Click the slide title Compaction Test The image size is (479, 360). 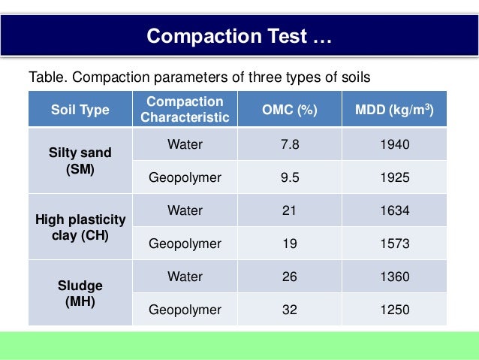[x=239, y=36]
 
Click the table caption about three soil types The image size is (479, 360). [x=200, y=77]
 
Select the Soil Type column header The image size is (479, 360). [x=80, y=110]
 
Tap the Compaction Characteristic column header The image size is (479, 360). [x=185, y=110]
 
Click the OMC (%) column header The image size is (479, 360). [x=289, y=110]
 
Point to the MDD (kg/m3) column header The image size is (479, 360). [x=394, y=110]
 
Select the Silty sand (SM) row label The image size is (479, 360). [x=80, y=161]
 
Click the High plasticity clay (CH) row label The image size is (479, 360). [x=80, y=227]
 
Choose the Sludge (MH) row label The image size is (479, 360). [x=80, y=294]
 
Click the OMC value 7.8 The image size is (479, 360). [x=289, y=144]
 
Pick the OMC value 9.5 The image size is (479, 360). [x=289, y=177]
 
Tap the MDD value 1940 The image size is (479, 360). [x=394, y=144]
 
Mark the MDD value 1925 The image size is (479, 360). [x=394, y=177]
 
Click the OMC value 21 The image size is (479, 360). [x=289, y=210]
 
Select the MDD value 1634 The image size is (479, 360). [x=394, y=210]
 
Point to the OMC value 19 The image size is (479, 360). [x=289, y=244]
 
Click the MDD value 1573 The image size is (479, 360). [x=394, y=244]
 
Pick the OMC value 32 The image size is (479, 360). [x=289, y=310]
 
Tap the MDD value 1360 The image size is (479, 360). [x=394, y=277]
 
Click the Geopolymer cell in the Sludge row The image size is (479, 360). [x=185, y=310]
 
